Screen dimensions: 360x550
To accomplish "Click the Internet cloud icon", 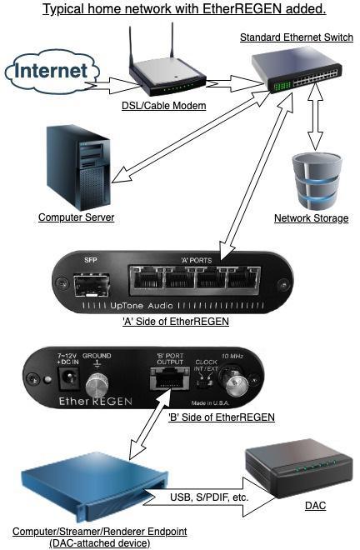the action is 52,72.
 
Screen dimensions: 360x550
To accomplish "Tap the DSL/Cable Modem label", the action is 164,106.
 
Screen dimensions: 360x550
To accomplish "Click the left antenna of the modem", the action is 131,47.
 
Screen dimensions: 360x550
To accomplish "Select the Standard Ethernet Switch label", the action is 297,37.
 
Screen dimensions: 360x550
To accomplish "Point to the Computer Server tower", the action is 79,167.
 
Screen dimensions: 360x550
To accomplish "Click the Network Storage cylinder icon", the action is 317,181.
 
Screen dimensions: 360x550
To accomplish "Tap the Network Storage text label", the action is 311,217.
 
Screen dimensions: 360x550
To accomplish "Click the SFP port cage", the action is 92,285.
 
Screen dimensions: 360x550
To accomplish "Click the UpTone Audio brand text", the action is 142,306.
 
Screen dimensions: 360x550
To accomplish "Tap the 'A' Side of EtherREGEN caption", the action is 176,321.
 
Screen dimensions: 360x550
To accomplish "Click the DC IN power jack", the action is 68,378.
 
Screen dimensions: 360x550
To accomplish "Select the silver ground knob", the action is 97,384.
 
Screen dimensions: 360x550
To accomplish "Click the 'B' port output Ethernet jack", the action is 170,378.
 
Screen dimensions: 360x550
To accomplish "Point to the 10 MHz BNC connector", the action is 232,380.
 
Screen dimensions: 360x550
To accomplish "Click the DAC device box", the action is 298,467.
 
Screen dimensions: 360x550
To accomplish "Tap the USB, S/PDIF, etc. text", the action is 209,497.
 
